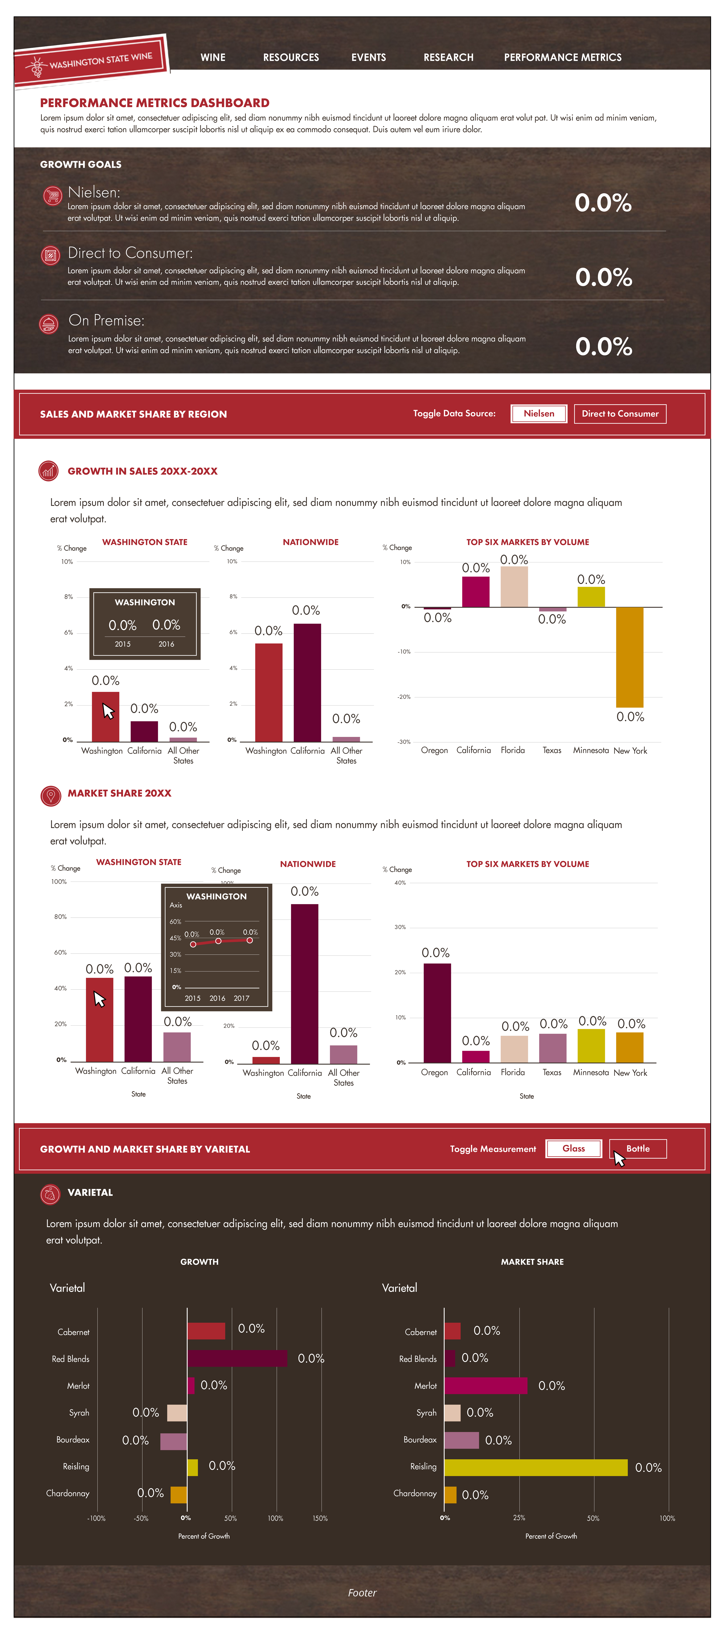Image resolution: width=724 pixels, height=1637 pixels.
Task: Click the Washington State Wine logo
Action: click(x=91, y=61)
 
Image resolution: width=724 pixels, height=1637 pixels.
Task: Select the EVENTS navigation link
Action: click(x=369, y=57)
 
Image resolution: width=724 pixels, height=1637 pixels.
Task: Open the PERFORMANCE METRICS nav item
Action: click(x=563, y=57)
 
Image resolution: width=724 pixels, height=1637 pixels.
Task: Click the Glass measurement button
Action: click(x=573, y=1148)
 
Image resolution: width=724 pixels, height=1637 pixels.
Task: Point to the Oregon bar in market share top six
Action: click(x=437, y=1013)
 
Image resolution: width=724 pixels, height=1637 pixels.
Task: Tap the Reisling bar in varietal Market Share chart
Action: click(x=536, y=1467)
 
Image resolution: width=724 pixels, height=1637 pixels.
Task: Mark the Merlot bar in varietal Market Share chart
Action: click(x=486, y=1385)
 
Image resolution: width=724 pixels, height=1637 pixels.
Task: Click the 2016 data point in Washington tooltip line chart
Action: click(x=218, y=940)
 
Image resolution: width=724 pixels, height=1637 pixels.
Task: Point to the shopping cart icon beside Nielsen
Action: click(x=52, y=195)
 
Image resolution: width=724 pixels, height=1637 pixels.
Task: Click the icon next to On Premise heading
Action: click(x=49, y=324)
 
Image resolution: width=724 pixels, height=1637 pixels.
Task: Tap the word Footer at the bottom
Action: click(x=362, y=1593)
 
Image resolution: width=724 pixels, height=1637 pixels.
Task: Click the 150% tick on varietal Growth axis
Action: click(x=320, y=1518)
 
